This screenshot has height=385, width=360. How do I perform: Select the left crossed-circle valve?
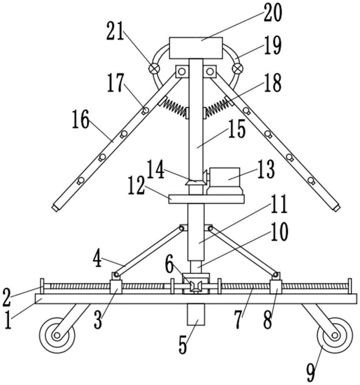[x=154, y=69]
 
